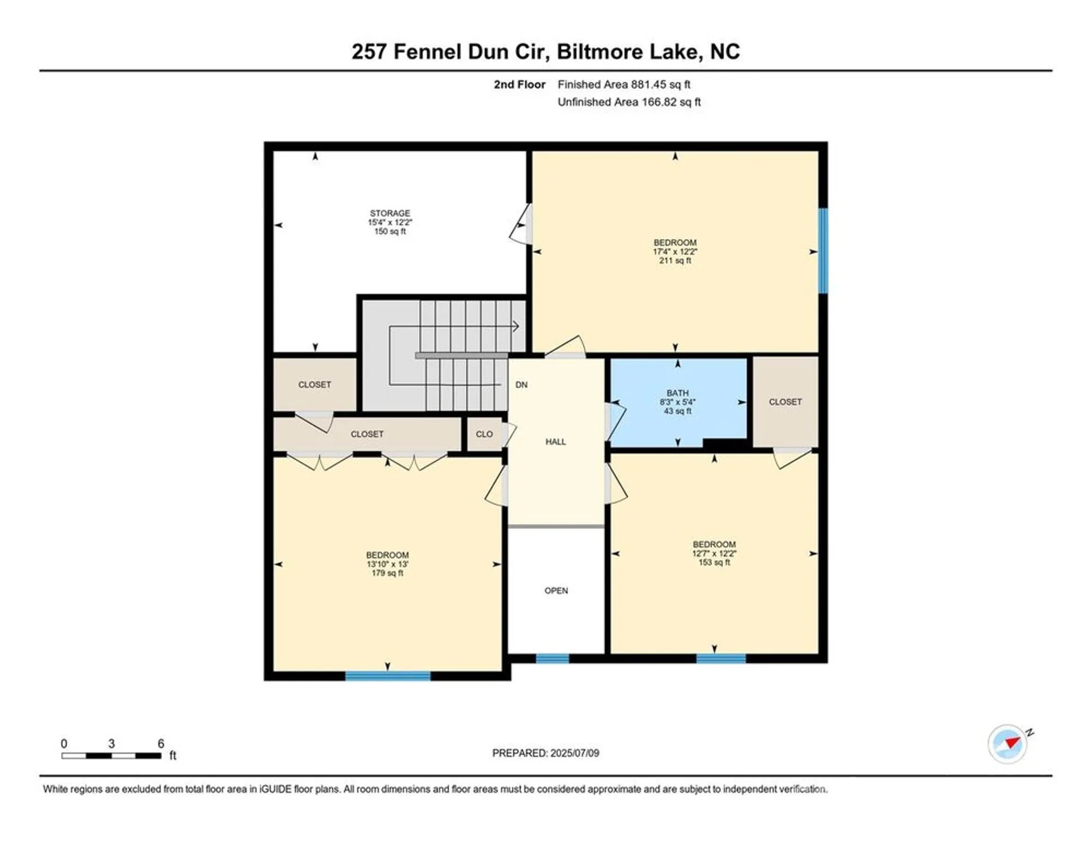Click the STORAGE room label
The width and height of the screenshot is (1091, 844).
tap(390, 214)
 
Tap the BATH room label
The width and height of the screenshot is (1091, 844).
tap(677, 393)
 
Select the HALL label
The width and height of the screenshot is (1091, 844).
tap(555, 442)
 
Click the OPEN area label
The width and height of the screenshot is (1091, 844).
tap(556, 590)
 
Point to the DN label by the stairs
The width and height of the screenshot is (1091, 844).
tap(521, 385)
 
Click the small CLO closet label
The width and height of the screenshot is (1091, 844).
tap(484, 434)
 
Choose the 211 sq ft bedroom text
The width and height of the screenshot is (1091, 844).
tap(675, 261)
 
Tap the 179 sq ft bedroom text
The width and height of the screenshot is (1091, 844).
tap(387, 573)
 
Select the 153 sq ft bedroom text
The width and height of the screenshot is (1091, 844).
tap(714, 562)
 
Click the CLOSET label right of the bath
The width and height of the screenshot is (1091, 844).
tap(785, 402)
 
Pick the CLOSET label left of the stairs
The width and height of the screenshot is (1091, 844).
tap(314, 384)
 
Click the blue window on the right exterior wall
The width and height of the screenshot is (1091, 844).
tap(822, 250)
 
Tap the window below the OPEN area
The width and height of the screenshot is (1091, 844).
tap(552, 658)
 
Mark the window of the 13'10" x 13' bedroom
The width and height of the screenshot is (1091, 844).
tap(387, 676)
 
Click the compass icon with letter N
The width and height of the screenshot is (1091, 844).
tap(1007, 743)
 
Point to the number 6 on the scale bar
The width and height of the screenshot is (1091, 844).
tap(161, 743)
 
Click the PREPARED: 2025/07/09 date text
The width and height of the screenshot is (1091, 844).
tap(545, 753)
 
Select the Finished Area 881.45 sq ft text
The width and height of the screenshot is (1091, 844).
tap(623, 84)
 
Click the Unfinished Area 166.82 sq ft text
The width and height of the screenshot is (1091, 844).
tap(628, 102)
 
